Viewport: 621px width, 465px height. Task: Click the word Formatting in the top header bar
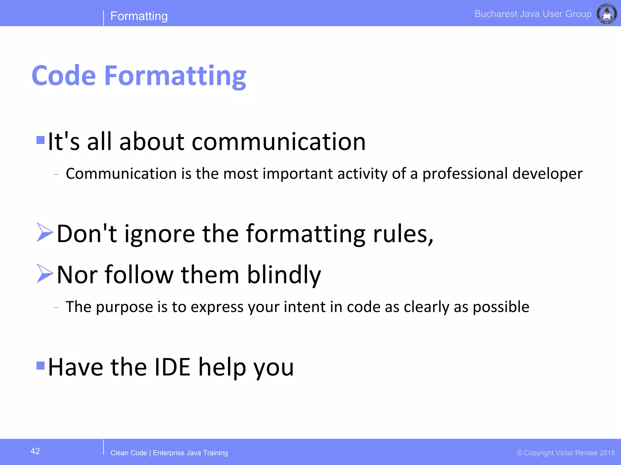pyautogui.click(x=139, y=16)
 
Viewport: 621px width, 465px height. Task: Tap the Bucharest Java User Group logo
pyautogui.click(x=606, y=14)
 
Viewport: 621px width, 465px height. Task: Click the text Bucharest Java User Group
pyautogui.click(x=533, y=14)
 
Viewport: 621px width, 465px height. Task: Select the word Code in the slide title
pyautogui.click(x=64, y=76)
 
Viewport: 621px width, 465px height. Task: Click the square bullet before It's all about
pyautogui.click(x=40, y=140)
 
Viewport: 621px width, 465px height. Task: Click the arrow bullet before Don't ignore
pyautogui.click(x=45, y=232)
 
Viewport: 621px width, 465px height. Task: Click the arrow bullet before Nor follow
pyautogui.click(x=45, y=273)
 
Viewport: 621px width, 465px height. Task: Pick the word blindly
pyautogui.click(x=284, y=275)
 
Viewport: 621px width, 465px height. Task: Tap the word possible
pyautogui.click(x=501, y=307)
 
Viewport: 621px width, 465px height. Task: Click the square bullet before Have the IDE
pyautogui.click(x=40, y=366)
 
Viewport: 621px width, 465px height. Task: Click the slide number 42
pyautogui.click(x=35, y=451)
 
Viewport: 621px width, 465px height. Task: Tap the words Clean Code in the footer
pyautogui.click(x=129, y=453)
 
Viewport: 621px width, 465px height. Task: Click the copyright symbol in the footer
pyautogui.click(x=519, y=453)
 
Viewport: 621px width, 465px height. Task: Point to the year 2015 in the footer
pyautogui.click(x=607, y=453)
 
